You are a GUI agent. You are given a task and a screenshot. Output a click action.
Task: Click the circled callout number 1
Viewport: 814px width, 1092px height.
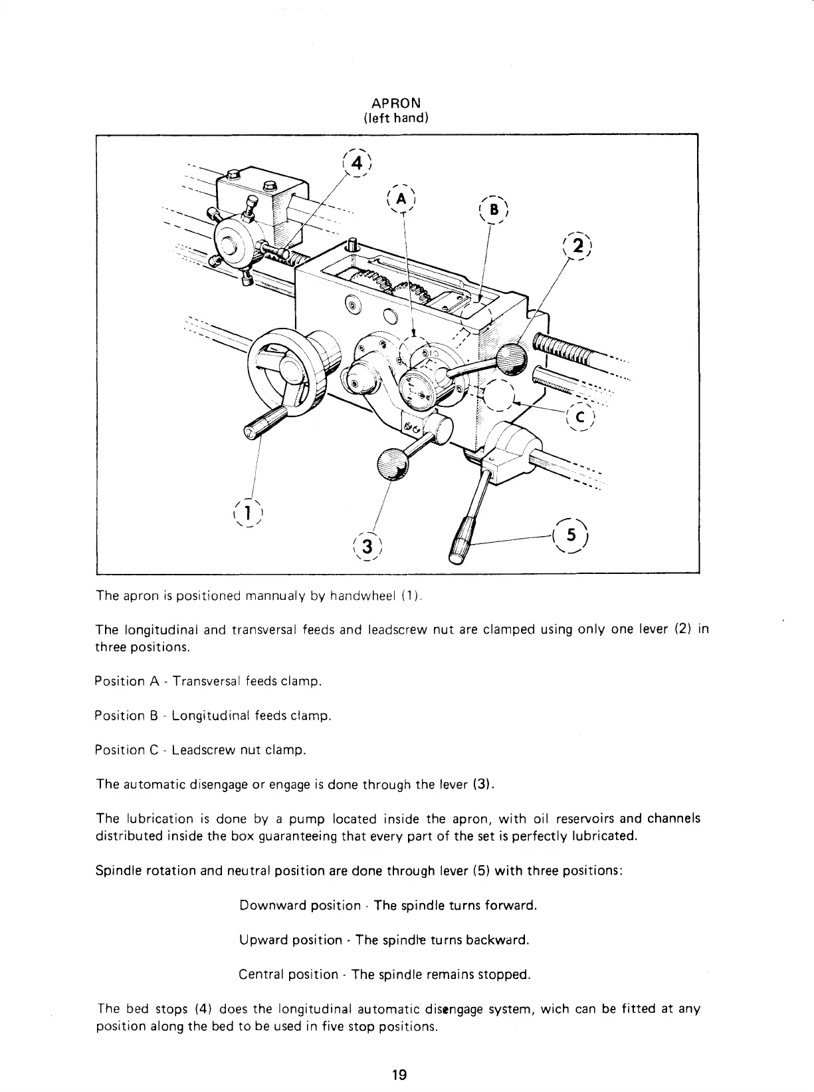tap(247, 511)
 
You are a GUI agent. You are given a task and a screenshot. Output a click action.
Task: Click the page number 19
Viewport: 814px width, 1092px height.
tap(399, 1075)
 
